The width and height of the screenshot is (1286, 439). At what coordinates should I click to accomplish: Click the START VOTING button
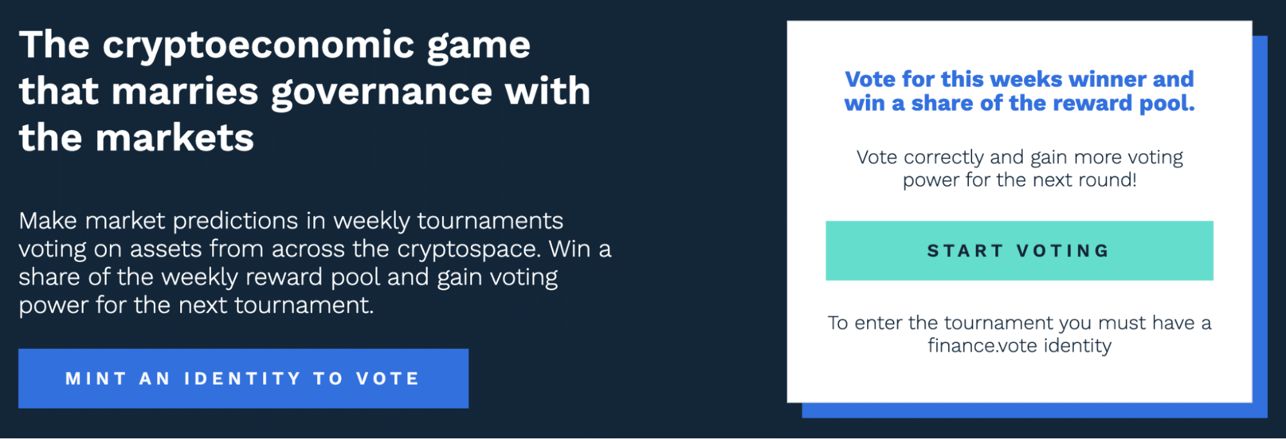1019,250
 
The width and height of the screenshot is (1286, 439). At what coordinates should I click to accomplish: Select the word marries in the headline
185,91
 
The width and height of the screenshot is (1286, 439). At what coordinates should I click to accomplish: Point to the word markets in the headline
175,138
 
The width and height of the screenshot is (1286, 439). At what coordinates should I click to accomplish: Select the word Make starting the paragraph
48,221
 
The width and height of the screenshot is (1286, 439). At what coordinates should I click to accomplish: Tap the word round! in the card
1107,180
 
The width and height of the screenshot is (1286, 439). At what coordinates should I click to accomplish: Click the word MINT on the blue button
96,378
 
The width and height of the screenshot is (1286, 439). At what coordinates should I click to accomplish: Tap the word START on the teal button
965,250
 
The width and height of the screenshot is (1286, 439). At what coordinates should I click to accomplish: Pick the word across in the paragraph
308,249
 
